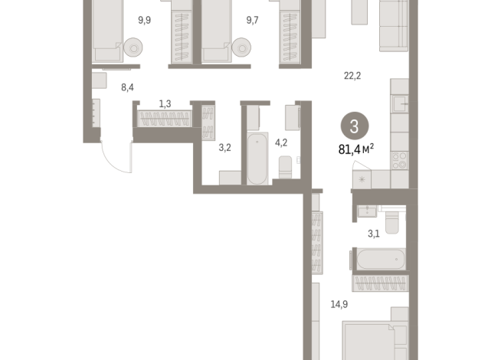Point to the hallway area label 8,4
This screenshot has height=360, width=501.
(128, 87)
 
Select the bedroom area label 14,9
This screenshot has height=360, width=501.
(339, 304)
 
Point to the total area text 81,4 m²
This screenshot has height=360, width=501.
(355, 149)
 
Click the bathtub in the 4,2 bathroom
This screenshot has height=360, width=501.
(257, 159)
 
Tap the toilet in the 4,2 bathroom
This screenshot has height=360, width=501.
(286, 167)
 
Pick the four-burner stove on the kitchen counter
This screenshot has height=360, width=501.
(399, 159)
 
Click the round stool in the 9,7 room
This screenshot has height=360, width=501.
(242, 49)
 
